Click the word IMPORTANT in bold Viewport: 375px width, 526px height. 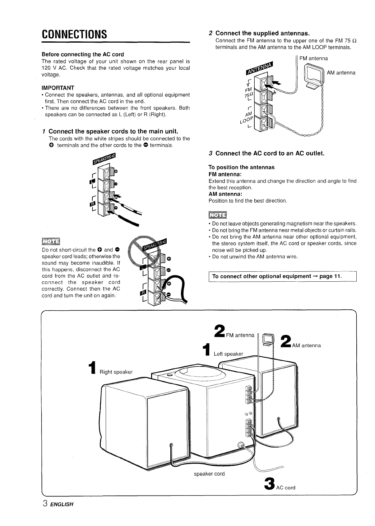click(x=58, y=88)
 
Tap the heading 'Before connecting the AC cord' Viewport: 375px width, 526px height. click(x=83, y=54)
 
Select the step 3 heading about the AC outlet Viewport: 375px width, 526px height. click(x=266, y=153)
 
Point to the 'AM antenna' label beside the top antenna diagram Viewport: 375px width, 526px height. click(x=341, y=73)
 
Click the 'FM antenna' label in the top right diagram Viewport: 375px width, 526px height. click(x=313, y=58)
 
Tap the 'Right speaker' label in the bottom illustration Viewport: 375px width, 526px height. click(x=116, y=372)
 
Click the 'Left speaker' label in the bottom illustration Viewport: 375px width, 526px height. click(x=228, y=354)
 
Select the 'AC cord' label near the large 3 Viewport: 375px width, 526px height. click(x=285, y=488)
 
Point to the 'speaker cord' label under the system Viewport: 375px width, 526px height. click(x=209, y=474)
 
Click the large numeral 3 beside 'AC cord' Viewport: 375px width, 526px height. click(x=269, y=483)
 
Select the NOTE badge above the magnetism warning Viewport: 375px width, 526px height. click(x=218, y=215)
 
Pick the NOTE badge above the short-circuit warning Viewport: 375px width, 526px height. click(x=51, y=241)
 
